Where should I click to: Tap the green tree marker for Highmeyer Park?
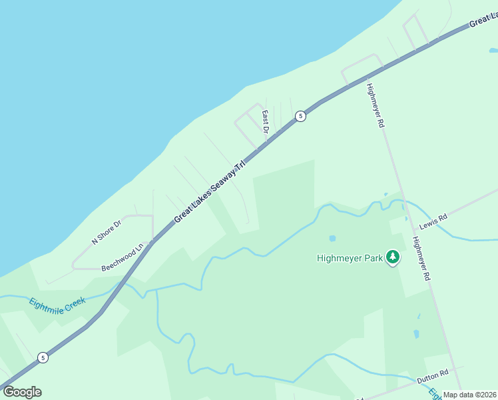393,257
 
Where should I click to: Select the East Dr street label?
265,121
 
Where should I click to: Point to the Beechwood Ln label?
123,258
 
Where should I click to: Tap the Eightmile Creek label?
57,311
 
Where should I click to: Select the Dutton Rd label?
433,377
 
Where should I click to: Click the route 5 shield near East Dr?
301,116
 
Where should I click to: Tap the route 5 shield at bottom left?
43,357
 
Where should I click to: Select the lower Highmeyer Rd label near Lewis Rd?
421,259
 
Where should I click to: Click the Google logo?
22,391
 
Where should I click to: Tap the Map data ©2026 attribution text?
470,395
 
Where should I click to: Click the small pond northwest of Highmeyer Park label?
332,238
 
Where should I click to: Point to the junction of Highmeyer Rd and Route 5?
366,75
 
